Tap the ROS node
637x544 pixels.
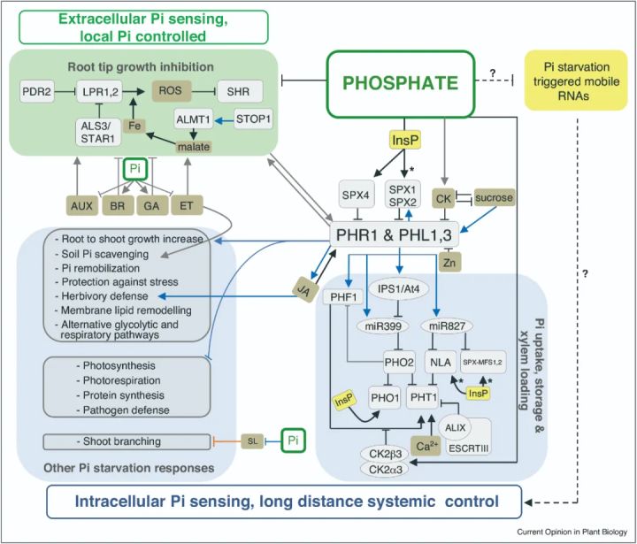(x=172, y=90)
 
